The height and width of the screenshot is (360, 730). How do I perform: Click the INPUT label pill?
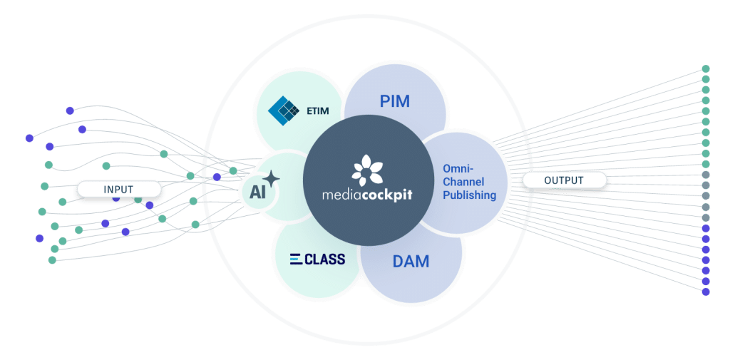(118, 189)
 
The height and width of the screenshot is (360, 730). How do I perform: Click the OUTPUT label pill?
(564, 180)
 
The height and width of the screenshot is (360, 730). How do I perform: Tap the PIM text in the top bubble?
(394, 101)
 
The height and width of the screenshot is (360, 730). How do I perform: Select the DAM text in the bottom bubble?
(411, 262)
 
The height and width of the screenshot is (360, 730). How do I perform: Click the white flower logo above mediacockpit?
(366, 168)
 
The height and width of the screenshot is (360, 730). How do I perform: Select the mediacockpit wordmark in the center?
(366, 193)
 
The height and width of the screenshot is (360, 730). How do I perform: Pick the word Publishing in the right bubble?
(468, 195)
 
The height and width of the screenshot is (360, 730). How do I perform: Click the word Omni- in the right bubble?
(457, 168)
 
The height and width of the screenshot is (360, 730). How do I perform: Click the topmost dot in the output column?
(706, 68)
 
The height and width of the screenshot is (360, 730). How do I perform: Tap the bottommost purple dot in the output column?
(706, 292)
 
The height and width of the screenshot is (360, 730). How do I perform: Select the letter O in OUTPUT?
(547, 180)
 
